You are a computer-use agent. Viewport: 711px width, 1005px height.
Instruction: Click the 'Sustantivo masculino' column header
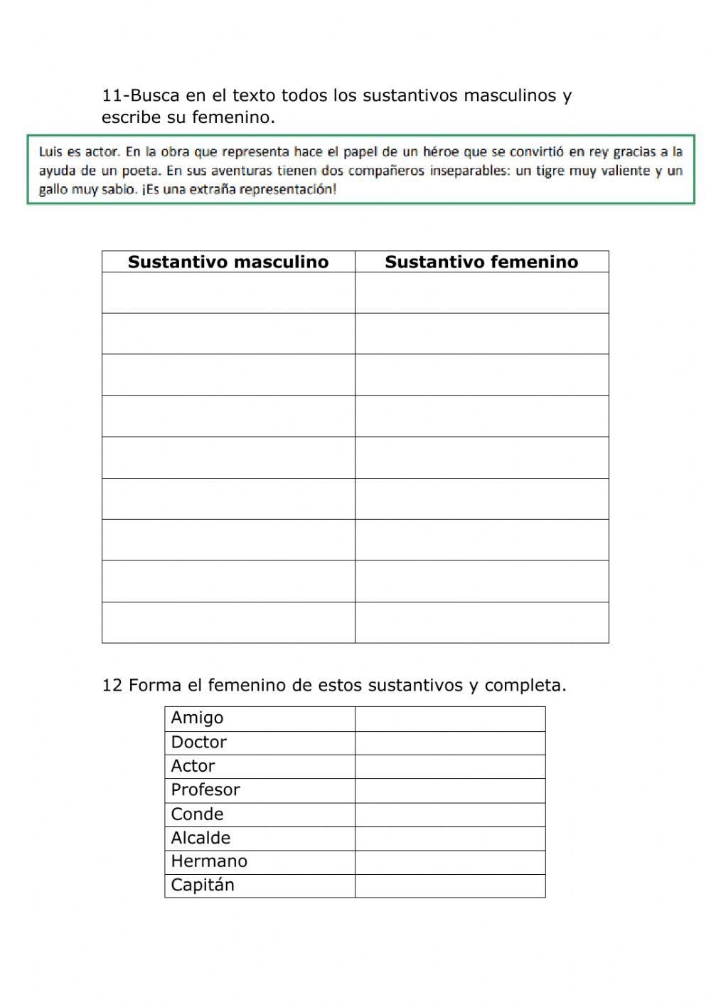[x=228, y=262]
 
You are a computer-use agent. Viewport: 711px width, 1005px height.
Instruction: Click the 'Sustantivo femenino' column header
[x=481, y=262]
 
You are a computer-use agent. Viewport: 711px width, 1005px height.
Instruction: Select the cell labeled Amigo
[x=197, y=718]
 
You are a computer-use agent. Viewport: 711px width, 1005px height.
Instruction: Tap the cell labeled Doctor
[x=198, y=743]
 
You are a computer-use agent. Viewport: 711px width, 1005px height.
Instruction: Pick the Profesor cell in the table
[x=205, y=790]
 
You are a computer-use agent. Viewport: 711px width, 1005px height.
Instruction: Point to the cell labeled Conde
[x=197, y=814]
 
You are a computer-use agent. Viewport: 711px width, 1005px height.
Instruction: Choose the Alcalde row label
[x=201, y=838]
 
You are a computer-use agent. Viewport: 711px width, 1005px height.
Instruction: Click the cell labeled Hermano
[x=209, y=861]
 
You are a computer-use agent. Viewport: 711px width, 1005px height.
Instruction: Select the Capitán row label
[x=203, y=886]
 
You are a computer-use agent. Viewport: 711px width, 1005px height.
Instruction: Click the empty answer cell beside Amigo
[x=450, y=718]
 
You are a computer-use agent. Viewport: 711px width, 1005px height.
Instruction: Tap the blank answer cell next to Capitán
[x=450, y=886]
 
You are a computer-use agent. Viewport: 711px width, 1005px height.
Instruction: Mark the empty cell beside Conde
[x=450, y=814]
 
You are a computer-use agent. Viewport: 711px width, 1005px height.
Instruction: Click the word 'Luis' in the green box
[x=50, y=151]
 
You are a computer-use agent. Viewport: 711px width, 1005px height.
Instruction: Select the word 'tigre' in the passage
[x=551, y=171]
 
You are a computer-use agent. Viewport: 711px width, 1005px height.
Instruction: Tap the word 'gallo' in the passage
[x=53, y=190]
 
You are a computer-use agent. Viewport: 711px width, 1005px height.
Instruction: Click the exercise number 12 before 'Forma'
[x=112, y=686]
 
